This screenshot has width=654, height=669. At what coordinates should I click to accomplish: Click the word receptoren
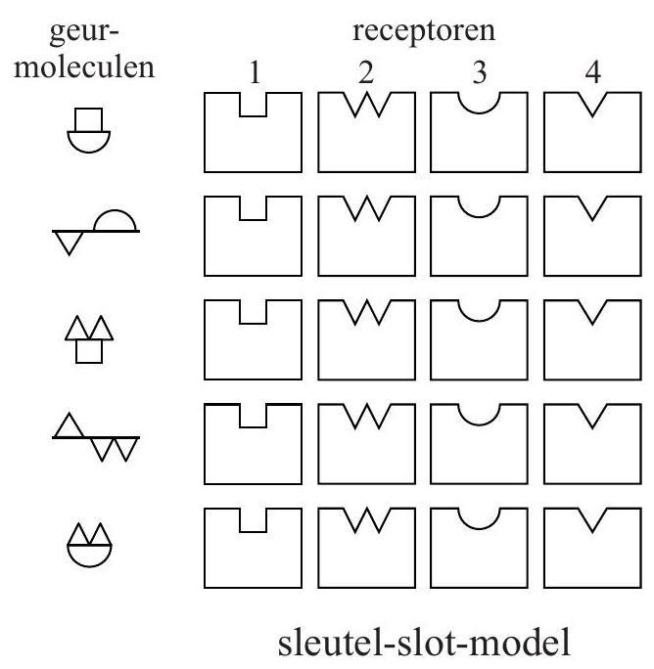click(425, 32)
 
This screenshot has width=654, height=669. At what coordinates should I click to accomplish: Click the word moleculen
click(96, 69)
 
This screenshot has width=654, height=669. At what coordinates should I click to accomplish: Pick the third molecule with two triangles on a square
click(95, 337)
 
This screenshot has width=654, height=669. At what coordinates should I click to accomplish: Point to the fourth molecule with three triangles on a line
click(95, 438)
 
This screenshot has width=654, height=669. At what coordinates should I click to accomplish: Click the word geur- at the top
click(96, 32)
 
